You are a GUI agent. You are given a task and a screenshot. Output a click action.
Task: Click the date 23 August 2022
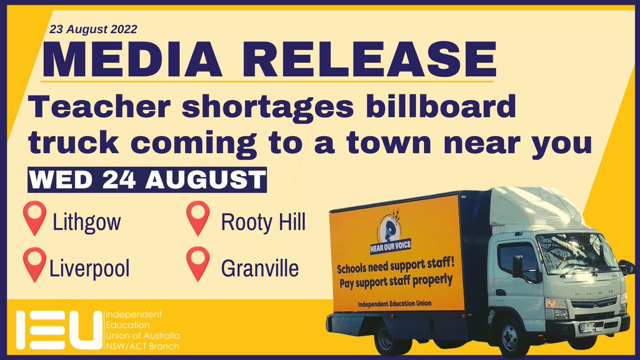[94, 29]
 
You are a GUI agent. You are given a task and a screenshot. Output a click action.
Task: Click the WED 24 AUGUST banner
[146, 180]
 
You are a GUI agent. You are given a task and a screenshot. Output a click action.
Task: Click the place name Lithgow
[86, 223]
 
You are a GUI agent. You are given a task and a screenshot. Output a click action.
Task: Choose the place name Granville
[260, 269]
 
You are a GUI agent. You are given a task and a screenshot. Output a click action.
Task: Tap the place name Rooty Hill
[263, 223]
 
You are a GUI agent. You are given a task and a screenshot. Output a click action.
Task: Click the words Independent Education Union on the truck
[395, 303]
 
